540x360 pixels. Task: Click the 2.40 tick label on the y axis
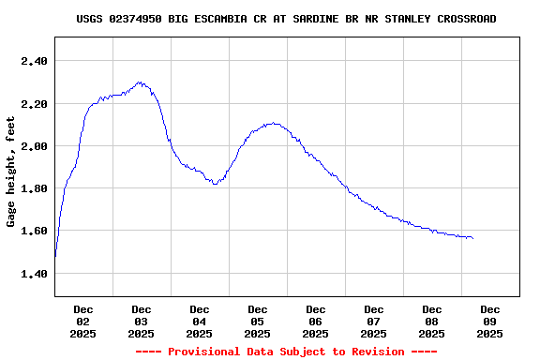tap(33, 61)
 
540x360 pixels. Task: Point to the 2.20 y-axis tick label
tap(33, 103)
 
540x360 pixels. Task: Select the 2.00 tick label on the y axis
tap(33, 146)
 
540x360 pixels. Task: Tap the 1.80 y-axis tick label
tap(33, 188)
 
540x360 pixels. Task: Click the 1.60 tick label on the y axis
tap(33, 231)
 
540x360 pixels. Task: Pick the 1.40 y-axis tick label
tap(33, 274)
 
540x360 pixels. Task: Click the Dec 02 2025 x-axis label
tap(83, 321)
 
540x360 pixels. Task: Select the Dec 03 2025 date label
tap(142, 321)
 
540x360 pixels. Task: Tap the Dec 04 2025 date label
tap(200, 321)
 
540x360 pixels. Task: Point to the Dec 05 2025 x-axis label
tap(258, 321)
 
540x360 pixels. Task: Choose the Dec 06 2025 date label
tap(316, 321)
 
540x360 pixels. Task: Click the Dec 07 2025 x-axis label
tap(374, 321)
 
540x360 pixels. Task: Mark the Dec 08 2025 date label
tap(432, 321)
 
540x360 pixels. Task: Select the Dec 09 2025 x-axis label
tap(490, 321)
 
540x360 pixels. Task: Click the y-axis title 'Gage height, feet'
tap(11, 172)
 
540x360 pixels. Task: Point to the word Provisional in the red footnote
tap(207, 352)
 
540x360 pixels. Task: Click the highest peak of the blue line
tap(140, 82)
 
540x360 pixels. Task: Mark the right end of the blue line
tap(472, 238)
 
